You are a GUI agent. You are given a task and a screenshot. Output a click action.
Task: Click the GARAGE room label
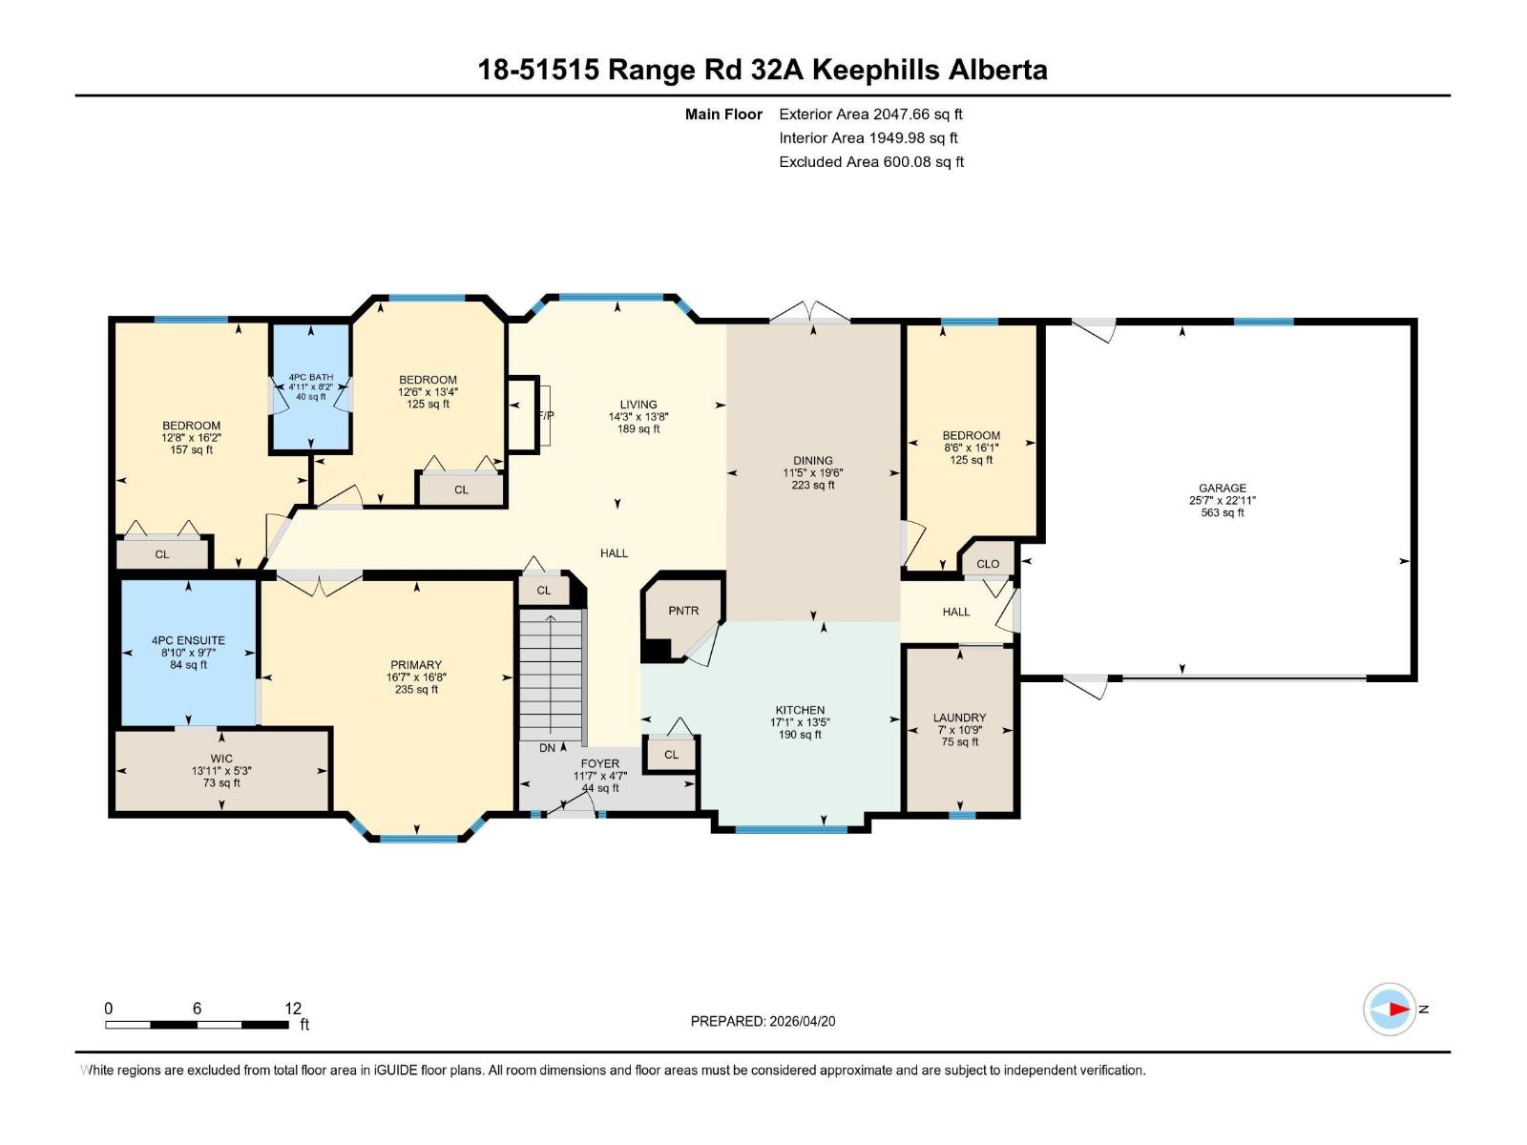pyautogui.click(x=1223, y=488)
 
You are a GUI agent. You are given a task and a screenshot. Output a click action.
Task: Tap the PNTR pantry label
pyautogui.click(x=683, y=611)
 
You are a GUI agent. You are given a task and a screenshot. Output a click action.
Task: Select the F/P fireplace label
pyautogui.click(x=546, y=416)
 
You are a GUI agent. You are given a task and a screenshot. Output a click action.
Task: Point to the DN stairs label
pyautogui.click(x=548, y=748)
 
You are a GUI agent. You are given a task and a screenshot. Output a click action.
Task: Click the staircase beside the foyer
pyautogui.click(x=551, y=674)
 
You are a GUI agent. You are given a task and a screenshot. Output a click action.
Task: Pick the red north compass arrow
pyautogui.click(x=1399, y=1009)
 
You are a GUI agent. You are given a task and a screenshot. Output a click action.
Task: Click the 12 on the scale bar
pyautogui.click(x=293, y=1008)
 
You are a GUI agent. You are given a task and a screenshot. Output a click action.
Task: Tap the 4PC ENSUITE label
pyautogui.click(x=189, y=640)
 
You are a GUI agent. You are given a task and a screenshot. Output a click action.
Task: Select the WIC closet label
pyautogui.click(x=221, y=759)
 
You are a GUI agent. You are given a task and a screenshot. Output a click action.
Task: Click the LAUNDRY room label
pyautogui.click(x=959, y=718)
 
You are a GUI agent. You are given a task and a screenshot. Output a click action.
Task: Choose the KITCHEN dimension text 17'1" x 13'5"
pyautogui.click(x=800, y=722)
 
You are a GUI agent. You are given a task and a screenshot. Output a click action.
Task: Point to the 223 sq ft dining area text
pyautogui.click(x=812, y=485)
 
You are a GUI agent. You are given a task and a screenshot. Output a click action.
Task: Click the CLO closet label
pyautogui.click(x=988, y=564)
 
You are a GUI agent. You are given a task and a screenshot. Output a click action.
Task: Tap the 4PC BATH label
pyautogui.click(x=311, y=378)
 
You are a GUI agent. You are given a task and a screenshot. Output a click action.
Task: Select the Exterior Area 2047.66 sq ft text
pyautogui.click(x=870, y=114)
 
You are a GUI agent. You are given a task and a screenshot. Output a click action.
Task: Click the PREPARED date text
pyautogui.click(x=763, y=1021)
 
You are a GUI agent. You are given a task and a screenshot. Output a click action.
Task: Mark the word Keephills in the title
pyautogui.click(x=876, y=71)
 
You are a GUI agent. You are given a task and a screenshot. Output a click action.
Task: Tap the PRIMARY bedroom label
pyautogui.click(x=416, y=665)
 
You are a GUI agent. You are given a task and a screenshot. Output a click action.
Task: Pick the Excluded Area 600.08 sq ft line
pyautogui.click(x=871, y=162)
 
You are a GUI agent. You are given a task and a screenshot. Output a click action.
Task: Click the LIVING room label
pyautogui.click(x=638, y=405)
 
